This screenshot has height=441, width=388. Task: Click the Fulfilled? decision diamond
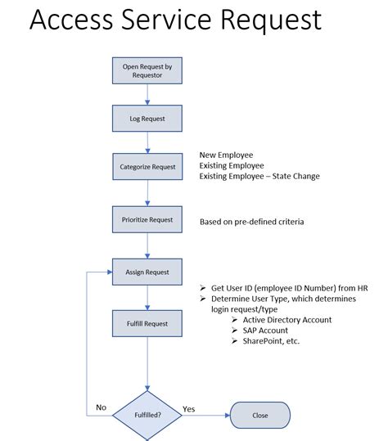(147, 415)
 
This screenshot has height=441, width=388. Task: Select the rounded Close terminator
(259, 415)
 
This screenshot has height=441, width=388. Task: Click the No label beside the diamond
(101, 407)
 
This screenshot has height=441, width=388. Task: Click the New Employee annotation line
(227, 155)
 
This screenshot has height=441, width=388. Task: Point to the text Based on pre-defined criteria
(251, 223)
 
